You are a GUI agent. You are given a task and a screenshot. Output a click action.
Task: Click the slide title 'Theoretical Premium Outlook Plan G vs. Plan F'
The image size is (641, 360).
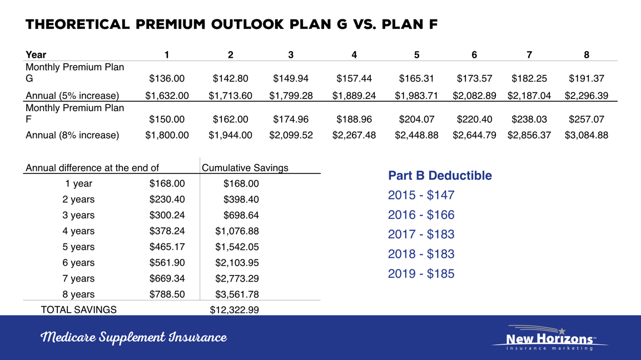231,25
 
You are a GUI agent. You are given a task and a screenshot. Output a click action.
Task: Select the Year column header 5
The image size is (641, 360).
416,54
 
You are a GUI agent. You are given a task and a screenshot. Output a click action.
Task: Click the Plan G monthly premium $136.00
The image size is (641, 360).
167,79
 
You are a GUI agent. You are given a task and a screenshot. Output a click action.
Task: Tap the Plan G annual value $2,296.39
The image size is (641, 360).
587,96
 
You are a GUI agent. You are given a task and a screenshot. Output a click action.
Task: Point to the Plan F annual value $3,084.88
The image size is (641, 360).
587,135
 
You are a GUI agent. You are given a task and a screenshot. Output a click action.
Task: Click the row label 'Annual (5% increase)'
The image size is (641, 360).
72,96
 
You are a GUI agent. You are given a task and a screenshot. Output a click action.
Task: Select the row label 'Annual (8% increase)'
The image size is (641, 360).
72,135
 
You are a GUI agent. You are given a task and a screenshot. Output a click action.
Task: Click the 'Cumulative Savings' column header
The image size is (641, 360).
245,168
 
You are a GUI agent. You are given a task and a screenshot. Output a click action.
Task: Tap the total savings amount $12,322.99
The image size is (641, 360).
234,310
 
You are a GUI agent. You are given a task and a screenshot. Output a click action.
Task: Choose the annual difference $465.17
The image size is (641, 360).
167,247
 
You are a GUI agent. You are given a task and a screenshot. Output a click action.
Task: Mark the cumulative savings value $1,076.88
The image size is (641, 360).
237,231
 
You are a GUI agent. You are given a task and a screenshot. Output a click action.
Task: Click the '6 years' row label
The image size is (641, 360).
78,263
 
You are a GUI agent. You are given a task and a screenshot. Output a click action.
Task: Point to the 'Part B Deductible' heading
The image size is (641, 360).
440,176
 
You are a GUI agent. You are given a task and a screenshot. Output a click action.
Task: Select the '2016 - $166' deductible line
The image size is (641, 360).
421,215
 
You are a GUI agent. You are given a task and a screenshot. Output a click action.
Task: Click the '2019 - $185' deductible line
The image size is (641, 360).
421,274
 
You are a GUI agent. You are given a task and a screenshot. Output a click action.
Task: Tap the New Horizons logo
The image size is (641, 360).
549,338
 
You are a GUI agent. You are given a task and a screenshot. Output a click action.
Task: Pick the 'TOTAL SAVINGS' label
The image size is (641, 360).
78,310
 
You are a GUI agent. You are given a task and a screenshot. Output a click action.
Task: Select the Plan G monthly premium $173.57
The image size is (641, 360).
474,79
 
